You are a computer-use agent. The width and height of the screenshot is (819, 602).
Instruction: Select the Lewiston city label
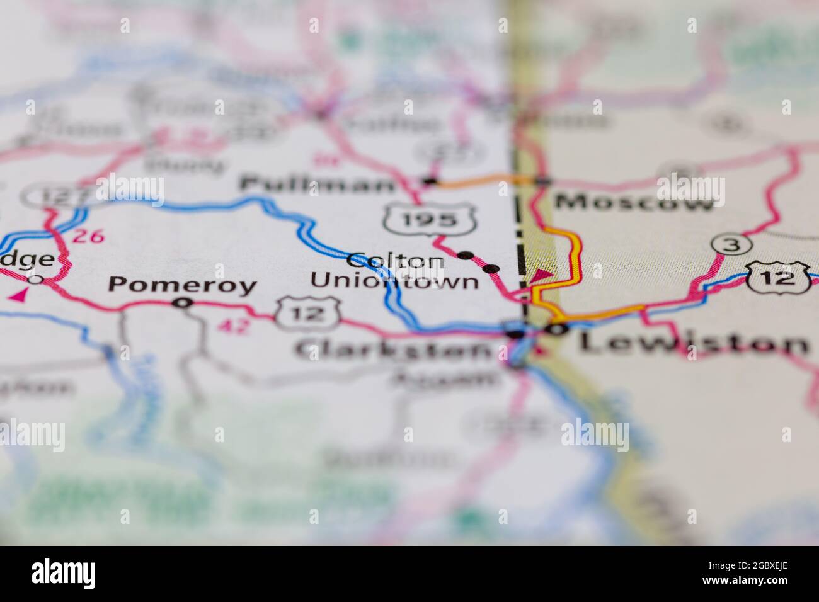coord(694,343)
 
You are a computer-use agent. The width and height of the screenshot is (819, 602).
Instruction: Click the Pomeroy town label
coord(183,285)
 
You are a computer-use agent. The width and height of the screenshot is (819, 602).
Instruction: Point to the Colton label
coord(396,260)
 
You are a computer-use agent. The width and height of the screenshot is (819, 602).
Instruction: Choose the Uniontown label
coord(395,281)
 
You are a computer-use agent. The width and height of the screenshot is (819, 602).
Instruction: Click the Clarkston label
coord(394,348)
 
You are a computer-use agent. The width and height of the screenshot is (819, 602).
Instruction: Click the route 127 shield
coord(50,197)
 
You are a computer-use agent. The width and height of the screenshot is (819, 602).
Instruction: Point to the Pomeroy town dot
coord(183,303)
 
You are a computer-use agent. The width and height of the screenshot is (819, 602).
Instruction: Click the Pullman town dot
coord(430,181)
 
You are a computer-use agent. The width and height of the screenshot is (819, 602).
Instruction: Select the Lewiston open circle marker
coord(556,329)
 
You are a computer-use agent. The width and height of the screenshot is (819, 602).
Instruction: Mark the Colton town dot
coord(466,255)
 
